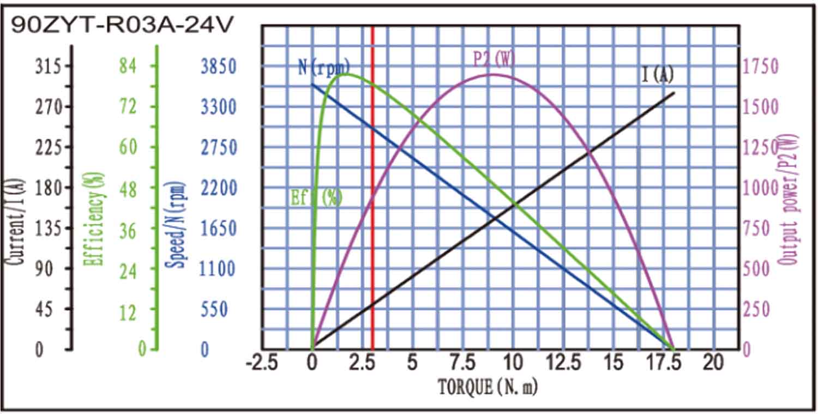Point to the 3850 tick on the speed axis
(x=218, y=67)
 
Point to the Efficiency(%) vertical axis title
(x=94, y=218)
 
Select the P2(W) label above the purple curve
(x=494, y=59)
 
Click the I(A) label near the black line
(x=657, y=75)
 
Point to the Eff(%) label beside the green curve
(x=316, y=197)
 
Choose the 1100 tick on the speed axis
(x=218, y=268)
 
